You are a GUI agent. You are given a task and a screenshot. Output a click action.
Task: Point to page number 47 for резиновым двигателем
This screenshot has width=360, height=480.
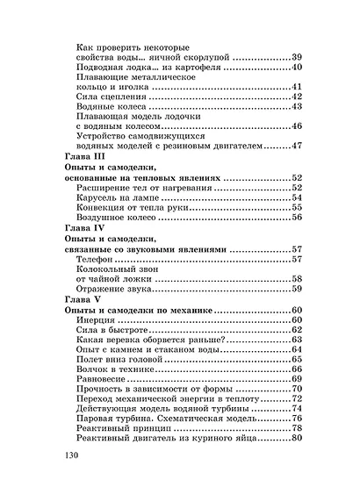(296, 146)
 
